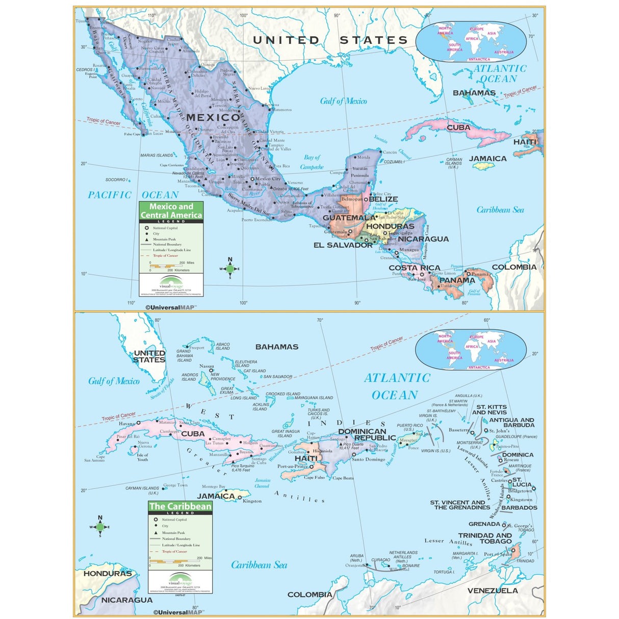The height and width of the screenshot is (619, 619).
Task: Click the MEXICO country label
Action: (213, 118)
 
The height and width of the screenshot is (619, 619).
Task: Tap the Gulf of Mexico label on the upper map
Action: (343, 101)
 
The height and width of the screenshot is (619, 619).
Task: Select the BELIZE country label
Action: (383, 199)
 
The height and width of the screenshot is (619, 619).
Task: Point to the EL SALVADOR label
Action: (343, 245)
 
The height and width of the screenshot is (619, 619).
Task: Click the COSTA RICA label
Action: (414, 268)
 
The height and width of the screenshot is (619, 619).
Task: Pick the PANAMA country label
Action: (457, 280)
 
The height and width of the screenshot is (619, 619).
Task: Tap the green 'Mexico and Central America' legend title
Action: (171, 211)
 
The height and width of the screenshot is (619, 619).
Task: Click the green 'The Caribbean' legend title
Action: (180, 506)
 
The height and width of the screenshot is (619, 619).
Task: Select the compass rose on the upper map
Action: (230, 269)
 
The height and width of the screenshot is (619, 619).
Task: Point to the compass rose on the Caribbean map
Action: (100, 527)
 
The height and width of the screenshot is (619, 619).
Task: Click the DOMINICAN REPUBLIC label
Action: (367, 434)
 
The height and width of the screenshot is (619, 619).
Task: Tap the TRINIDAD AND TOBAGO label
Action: (484, 538)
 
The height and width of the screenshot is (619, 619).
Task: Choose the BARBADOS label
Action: (519, 508)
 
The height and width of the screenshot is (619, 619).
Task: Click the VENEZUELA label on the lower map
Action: (493, 590)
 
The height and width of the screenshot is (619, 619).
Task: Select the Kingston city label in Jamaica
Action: (252, 501)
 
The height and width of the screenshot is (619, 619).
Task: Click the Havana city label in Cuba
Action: (127, 424)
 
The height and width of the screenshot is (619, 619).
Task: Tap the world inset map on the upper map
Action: (471, 42)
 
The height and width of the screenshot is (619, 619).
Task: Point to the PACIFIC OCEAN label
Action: (133, 195)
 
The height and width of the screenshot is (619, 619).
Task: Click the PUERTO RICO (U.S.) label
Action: (410, 427)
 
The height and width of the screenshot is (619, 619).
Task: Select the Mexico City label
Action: (268, 179)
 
